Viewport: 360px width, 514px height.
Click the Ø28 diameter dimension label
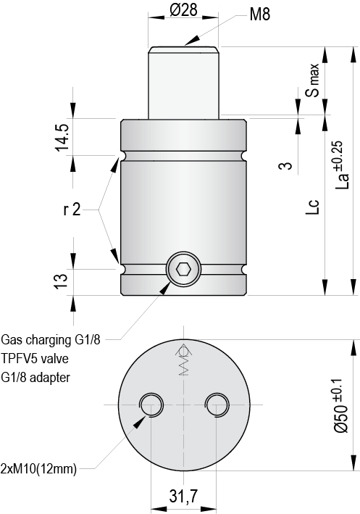pos(183,10)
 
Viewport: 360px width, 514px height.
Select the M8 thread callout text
pos(259,14)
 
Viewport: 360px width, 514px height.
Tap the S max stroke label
pos(312,80)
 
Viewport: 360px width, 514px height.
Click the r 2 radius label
pos(72,210)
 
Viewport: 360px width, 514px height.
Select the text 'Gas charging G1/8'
pos(51,339)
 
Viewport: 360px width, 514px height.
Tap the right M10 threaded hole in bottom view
pos(216,405)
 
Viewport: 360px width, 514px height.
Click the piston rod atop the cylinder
pos(184,80)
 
